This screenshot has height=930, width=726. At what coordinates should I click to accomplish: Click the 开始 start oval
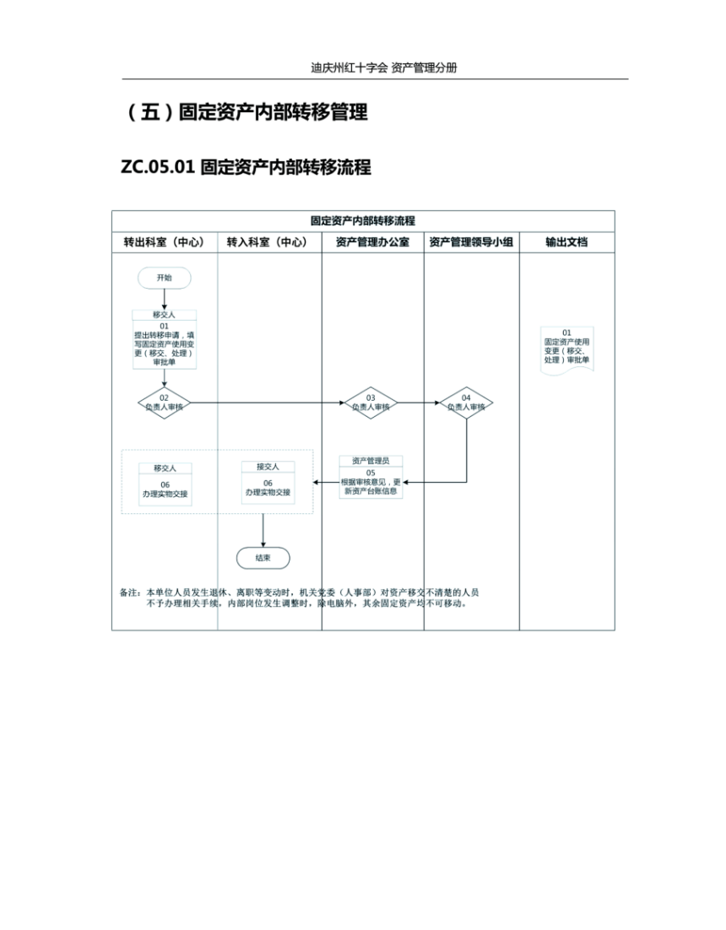[x=165, y=278]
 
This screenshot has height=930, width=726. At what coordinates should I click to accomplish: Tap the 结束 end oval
[x=263, y=558]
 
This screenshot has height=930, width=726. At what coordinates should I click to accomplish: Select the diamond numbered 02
[x=165, y=403]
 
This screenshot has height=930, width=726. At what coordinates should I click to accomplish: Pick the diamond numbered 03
[x=371, y=403]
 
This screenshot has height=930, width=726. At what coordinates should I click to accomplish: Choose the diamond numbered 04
[x=466, y=403]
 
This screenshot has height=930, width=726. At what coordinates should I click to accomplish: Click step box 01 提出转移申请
[x=165, y=339]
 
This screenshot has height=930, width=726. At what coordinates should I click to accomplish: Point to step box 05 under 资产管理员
[x=371, y=477]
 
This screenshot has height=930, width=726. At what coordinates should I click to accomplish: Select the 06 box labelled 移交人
[x=165, y=484]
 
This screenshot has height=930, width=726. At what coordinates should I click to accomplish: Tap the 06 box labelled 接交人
[x=268, y=483]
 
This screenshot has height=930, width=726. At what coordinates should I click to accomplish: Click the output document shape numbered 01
[x=566, y=350]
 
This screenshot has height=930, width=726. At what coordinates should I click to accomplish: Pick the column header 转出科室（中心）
[x=165, y=242]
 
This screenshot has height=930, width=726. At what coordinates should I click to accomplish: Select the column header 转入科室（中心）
[x=268, y=242]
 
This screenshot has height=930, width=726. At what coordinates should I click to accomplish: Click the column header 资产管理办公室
[x=372, y=242]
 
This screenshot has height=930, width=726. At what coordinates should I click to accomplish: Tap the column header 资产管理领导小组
[x=472, y=242]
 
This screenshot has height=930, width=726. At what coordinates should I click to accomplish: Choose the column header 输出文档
[x=566, y=242]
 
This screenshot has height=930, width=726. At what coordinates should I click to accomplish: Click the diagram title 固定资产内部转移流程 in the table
[x=363, y=220]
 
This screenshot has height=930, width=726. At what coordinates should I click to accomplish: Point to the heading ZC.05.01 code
[x=158, y=166]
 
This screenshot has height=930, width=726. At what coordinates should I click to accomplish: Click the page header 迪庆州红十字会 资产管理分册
[x=384, y=68]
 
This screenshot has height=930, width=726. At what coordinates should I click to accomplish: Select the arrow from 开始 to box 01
[x=165, y=300]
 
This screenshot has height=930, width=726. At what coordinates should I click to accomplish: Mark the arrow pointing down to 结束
[x=263, y=530]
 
